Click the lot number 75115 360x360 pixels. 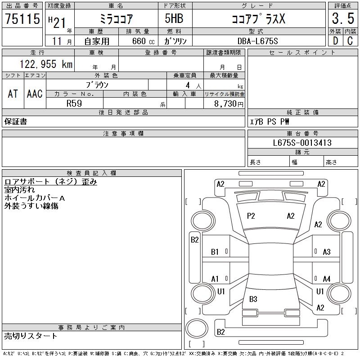click(x=22, y=19)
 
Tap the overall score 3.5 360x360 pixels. click(x=342, y=19)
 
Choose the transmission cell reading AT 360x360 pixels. click(x=13, y=94)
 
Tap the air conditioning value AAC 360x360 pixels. click(x=35, y=94)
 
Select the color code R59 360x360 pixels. click(x=74, y=103)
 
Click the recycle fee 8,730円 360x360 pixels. click(x=229, y=103)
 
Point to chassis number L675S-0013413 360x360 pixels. click(x=302, y=143)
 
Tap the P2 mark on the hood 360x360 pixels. click(x=251, y=216)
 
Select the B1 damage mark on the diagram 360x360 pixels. click(x=215, y=252)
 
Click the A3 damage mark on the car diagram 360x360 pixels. click(x=327, y=252)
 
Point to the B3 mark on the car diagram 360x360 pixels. click(x=253, y=299)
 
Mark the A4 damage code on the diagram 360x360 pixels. click(x=327, y=279)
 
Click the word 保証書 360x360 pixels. click(x=16, y=121)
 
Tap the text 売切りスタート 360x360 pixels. click(x=31, y=336)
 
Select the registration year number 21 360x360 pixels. click(x=58, y=19)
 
